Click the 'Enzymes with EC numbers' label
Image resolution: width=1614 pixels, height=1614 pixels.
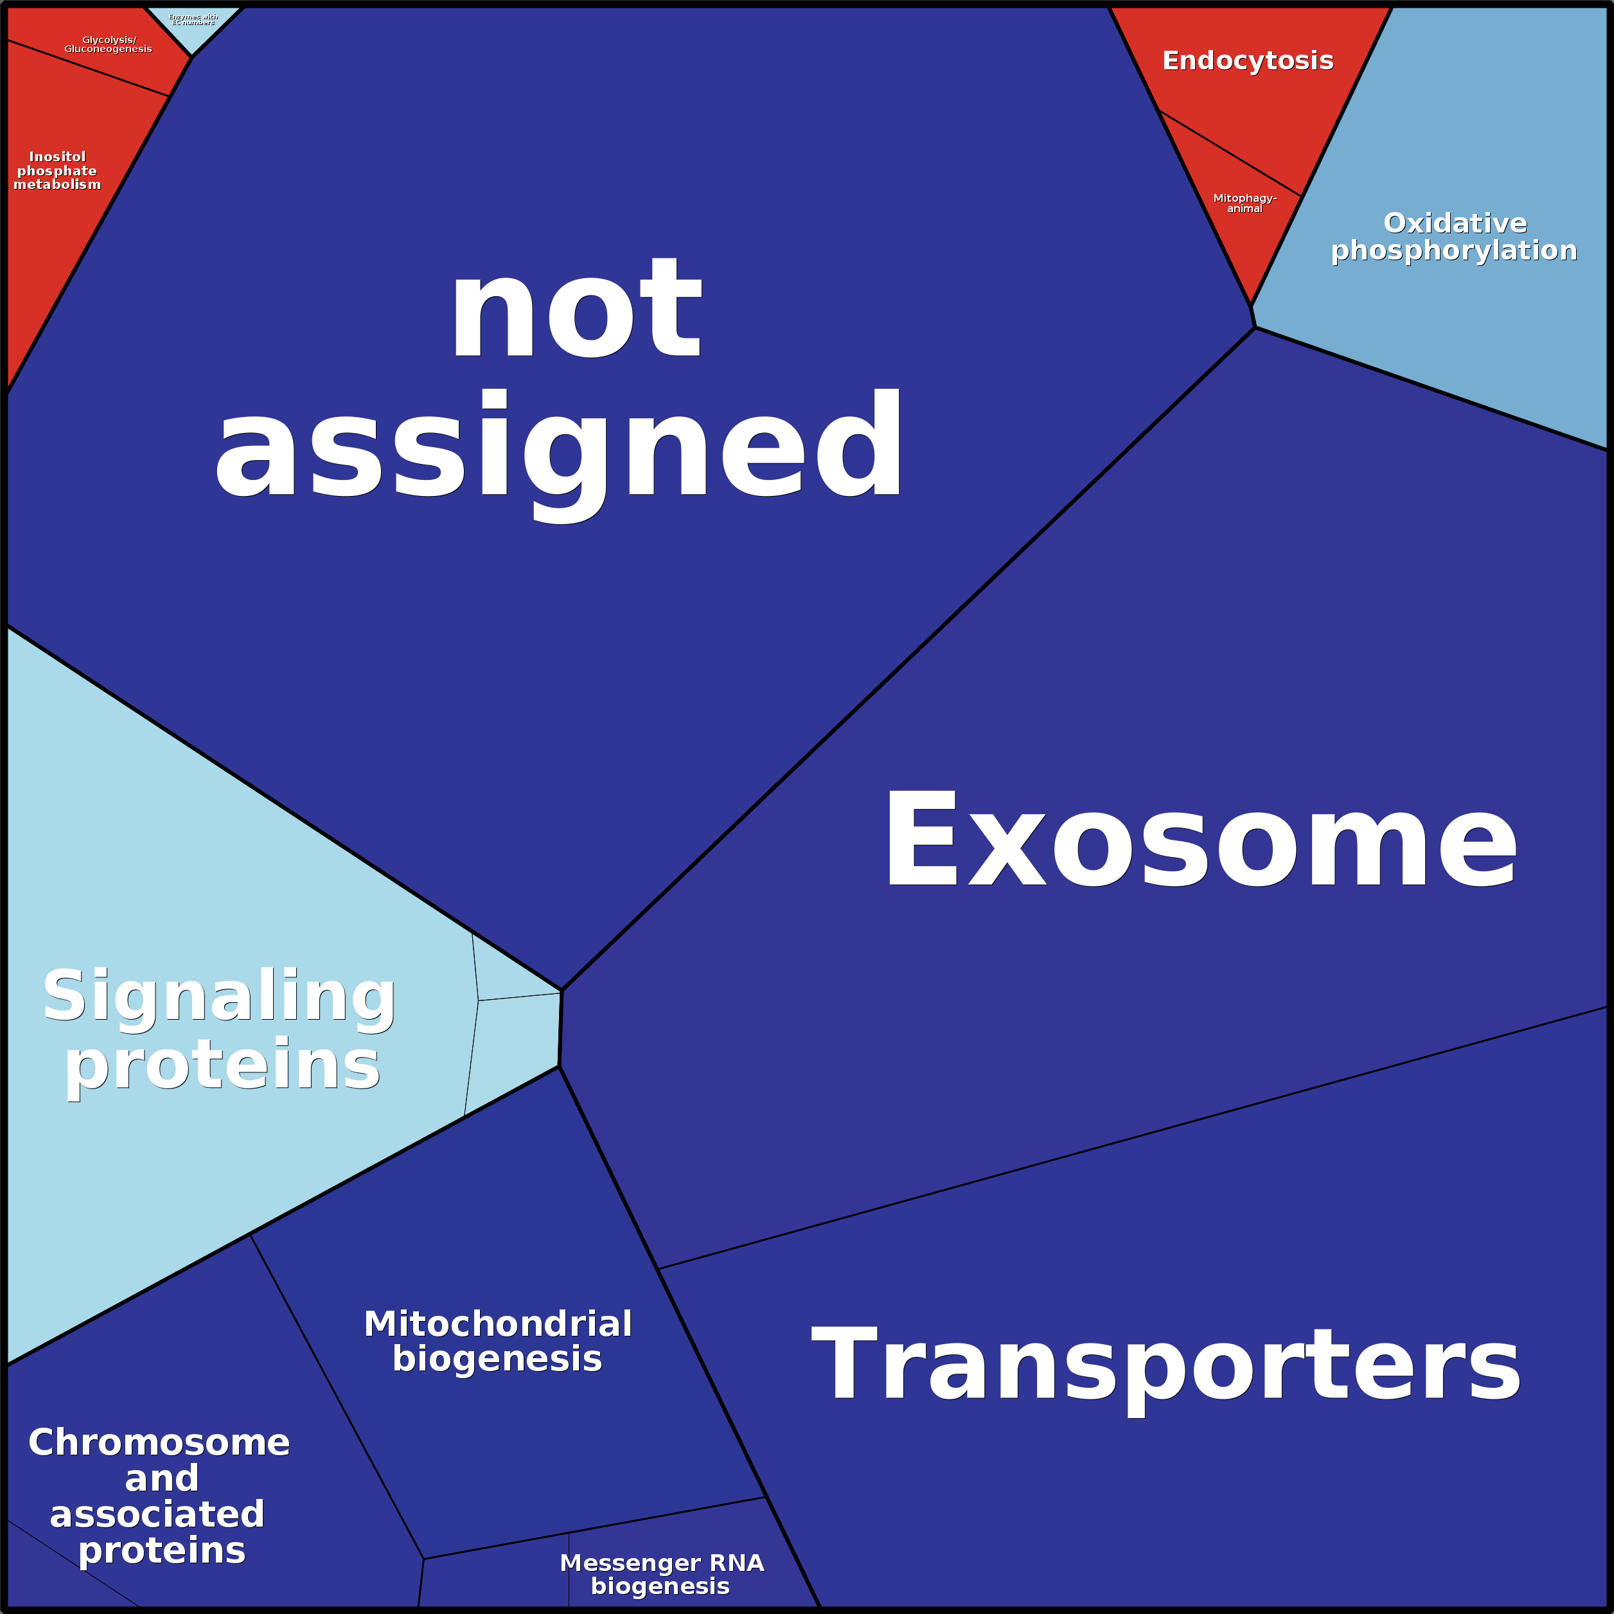pos(193,19)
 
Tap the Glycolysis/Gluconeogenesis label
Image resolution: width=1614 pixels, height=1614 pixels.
pos(108,44)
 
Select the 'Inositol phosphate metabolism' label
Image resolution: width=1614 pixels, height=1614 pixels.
pos(57,170)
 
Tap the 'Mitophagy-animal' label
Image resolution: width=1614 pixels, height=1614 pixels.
pos(1245,203)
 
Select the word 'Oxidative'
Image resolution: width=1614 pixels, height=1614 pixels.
pos(1455,223)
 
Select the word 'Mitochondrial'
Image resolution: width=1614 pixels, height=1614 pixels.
pos(498,1324)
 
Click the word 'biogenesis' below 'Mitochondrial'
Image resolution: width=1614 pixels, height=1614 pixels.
pos(497,1359)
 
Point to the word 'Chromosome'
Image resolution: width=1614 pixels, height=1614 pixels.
pos(159,1442)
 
